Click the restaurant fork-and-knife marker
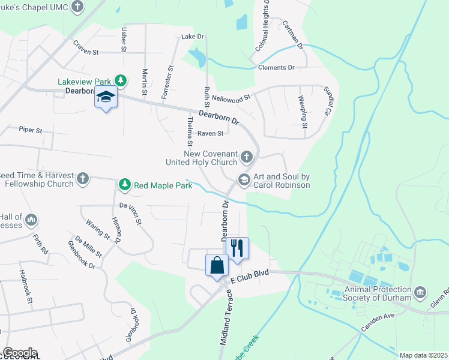click(237, 247)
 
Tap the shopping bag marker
click(217, 265)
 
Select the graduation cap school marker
click(106, 97)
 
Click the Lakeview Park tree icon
click(121, 80)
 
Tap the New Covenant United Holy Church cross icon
click(246, 157)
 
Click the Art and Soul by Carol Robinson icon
click(244, 179)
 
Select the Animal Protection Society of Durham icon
click(420, 293)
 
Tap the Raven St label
click(211, 133)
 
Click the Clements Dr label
click(276, 68)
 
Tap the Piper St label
click(31, 129)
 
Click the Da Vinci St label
click(130, 214)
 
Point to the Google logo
click(20, 353)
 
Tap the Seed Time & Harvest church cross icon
click(83, 178)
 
